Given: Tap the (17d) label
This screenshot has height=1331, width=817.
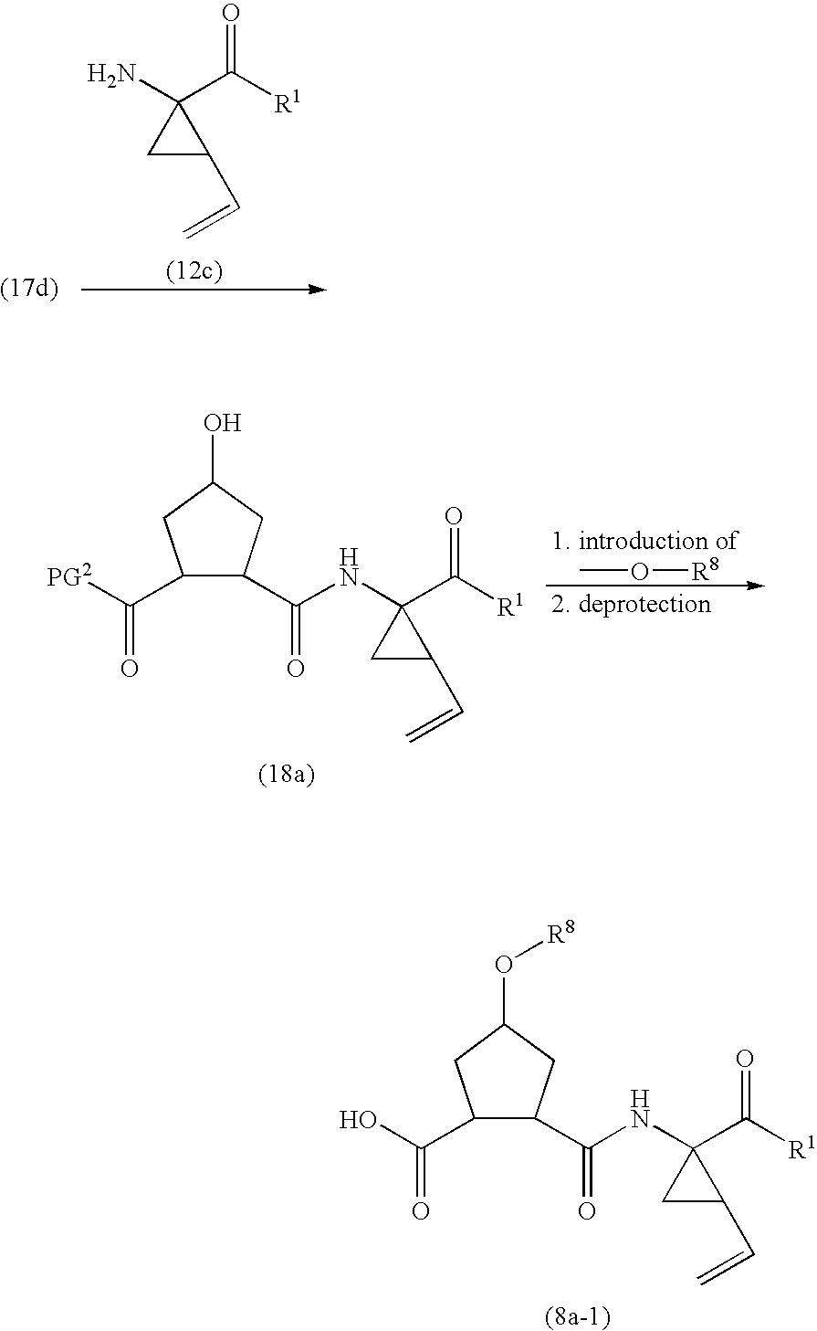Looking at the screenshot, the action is pyautogui.click(x=29, y=290).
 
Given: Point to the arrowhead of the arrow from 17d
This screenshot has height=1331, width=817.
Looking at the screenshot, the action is pyautogui.click(x=317, y=290).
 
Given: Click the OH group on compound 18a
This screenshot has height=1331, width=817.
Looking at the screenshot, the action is pyautogui.click(x=223, y=424).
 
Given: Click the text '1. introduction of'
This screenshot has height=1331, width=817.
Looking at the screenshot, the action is pyautogui.click(x=644, y=541).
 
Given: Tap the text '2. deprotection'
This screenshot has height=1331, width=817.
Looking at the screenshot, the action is pyautogui.click(x=632, y=604).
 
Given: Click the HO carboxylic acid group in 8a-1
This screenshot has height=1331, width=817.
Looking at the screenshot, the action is pyautogui.click(x=359, y=1120).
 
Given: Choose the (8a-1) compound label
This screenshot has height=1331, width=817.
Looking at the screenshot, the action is pyautogui.click(x=571, y=1316).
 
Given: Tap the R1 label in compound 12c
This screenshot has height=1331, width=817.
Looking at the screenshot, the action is pyautogui.click(x=288, y=103).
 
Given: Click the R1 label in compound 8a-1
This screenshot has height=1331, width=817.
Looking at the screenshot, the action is pyautogui.click(x=800, y=1148).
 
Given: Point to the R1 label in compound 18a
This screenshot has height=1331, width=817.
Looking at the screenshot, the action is pyautogui.click(x=509, y=606).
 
